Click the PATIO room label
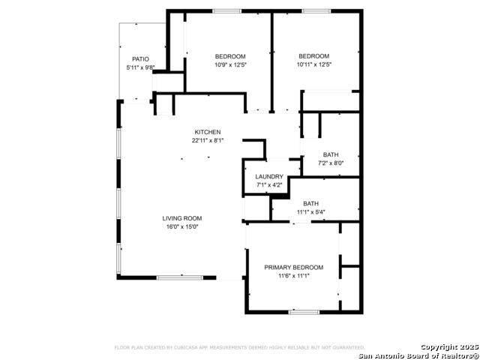(140, 58)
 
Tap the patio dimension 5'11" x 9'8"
(140, 67)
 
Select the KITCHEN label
(208, 132)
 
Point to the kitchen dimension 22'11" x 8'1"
(208, 140)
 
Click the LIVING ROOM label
(182, 218)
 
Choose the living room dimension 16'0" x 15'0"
(182, 227)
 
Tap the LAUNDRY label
(269, 177)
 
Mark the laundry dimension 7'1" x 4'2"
(269, 185)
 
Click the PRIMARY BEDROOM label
(293, 267)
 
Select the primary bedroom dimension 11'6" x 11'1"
(293, 276)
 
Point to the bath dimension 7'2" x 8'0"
(331, 163)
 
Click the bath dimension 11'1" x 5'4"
(310, 212)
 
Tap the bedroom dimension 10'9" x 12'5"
(230, 64)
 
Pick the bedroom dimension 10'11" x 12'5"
(313, 64)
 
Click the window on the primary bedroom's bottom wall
(304, 312)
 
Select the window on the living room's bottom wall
(178, 278)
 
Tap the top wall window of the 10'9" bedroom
(226, 11)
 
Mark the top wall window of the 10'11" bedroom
(316, 11)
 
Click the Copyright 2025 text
(448, 346)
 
